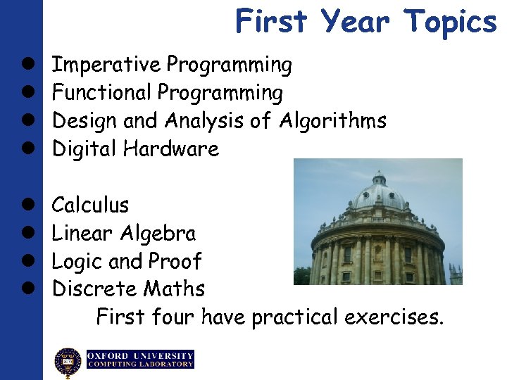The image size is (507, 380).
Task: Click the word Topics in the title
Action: coord(451,21)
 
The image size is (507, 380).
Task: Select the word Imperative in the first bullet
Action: coord(107,65)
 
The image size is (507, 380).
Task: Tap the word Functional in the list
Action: coord(102,93)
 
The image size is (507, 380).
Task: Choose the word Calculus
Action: coord(91,205)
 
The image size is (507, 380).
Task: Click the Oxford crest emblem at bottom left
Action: coord(68,362)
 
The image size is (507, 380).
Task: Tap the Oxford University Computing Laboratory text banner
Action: coord(140,360)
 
